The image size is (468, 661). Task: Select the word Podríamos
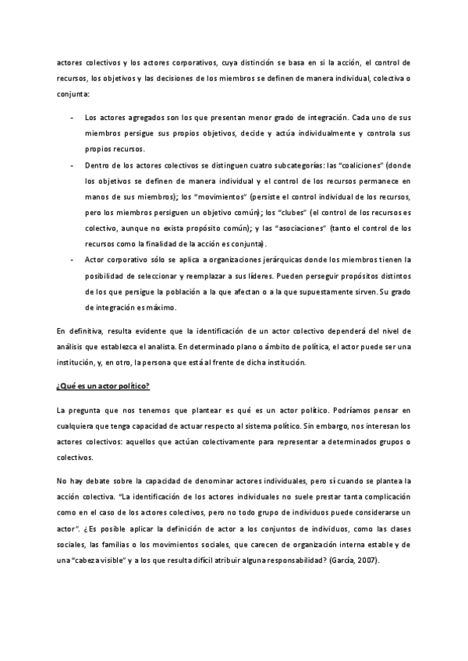click(353, 411)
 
